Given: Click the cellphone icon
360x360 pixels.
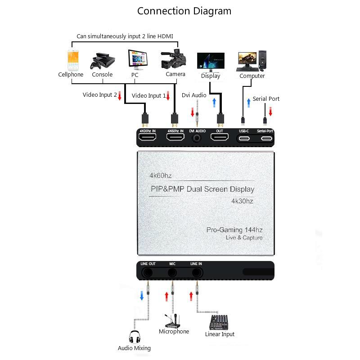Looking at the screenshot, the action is tap(73, 60).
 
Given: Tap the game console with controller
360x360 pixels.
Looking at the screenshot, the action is tap(103, 61).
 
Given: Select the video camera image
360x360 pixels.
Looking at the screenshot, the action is tap(174, 59).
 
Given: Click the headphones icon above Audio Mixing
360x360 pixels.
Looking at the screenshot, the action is tap(135, 337).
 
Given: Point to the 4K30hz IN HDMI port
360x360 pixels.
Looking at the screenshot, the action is tap(148, 137).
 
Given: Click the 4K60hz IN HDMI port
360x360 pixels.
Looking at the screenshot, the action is tap(175, 137).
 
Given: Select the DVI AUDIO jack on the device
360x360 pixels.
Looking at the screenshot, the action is tap(197, 138).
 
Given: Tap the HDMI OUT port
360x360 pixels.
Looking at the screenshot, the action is tap(220, 137).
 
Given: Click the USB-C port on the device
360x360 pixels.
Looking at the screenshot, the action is tap(244, 139).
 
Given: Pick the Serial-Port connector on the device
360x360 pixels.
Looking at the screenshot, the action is tap(266, 139).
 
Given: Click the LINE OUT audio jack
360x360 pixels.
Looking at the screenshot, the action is tap(148, 273).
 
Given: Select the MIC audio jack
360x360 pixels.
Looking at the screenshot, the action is tap(172, 273).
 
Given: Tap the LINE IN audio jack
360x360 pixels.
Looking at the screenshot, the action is tap(197, 273).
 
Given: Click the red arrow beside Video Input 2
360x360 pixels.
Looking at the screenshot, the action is tap(120, 95).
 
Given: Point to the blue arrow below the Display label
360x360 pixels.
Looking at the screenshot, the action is tap(214, 103).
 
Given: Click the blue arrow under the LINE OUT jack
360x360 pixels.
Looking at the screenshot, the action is tap(142, 296).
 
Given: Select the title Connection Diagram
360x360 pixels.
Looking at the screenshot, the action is tap(184, 11).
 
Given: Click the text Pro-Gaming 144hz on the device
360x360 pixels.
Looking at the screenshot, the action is tap(234, 230).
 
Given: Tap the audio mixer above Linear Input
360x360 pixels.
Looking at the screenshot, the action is tap(219, 322).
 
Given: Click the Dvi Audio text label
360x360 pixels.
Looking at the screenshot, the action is tap(194, 95).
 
